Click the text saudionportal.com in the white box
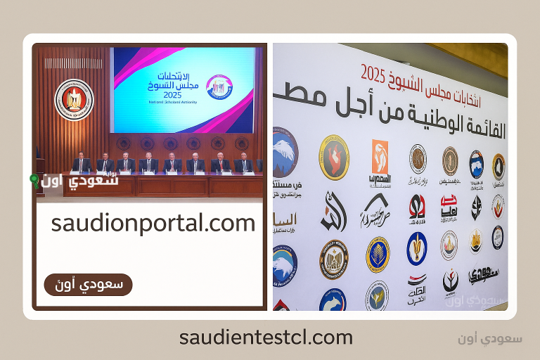(x=153, y=224)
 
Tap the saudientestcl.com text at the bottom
(x=266, y=337)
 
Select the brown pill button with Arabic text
(x=88, y=285)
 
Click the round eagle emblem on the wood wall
(x=74, y=100)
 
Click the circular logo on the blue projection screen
(x=217, y=87)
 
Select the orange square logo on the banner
(x=380, y=156)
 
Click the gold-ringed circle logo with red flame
(x=334, y=157)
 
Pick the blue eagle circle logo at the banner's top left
(x=285, y=152)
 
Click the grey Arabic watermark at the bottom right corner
(x=498, y=338)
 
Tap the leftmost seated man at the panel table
(x=82, y=163)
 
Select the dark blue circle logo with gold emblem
(x=417, y=248)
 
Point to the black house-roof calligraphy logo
(x=375, y=209)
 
